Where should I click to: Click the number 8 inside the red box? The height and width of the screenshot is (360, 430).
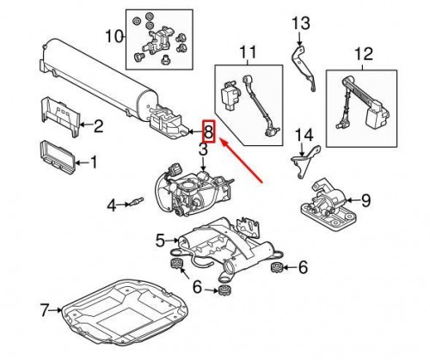coord(207,132)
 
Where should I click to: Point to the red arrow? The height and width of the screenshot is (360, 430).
coord(243,160)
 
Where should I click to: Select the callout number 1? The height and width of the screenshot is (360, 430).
coord(94,161)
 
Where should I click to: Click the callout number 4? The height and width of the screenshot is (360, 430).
coord(111,205)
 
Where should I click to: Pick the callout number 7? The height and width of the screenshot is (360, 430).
coord(46,307)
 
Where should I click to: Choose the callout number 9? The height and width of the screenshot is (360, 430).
coord(365,201)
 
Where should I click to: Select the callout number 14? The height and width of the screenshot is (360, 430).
coord(301,135)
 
